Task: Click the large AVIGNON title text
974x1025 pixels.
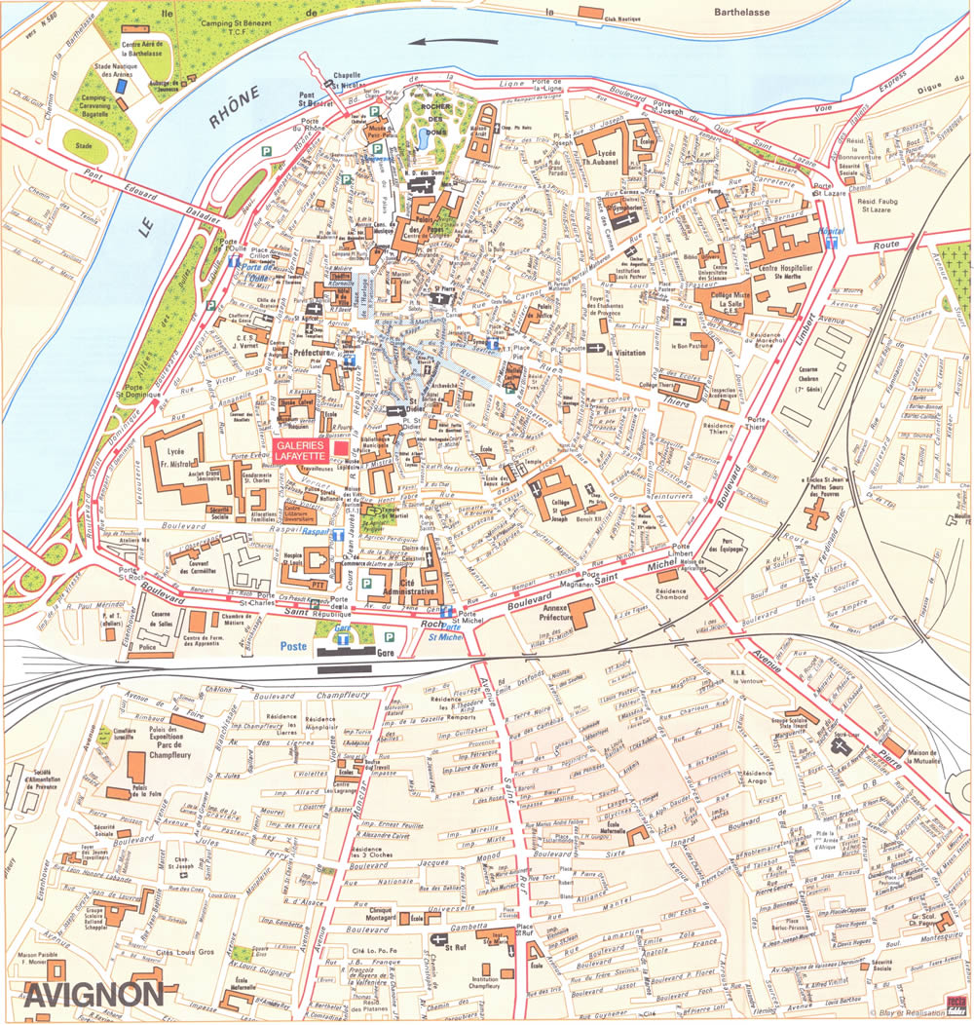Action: [x=94, y=994]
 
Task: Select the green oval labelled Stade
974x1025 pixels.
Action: [x=87, y=145]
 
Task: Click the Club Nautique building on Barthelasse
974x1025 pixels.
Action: [x=590, y=12]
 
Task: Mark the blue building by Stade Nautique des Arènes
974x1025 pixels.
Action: [x=120, y=86]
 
